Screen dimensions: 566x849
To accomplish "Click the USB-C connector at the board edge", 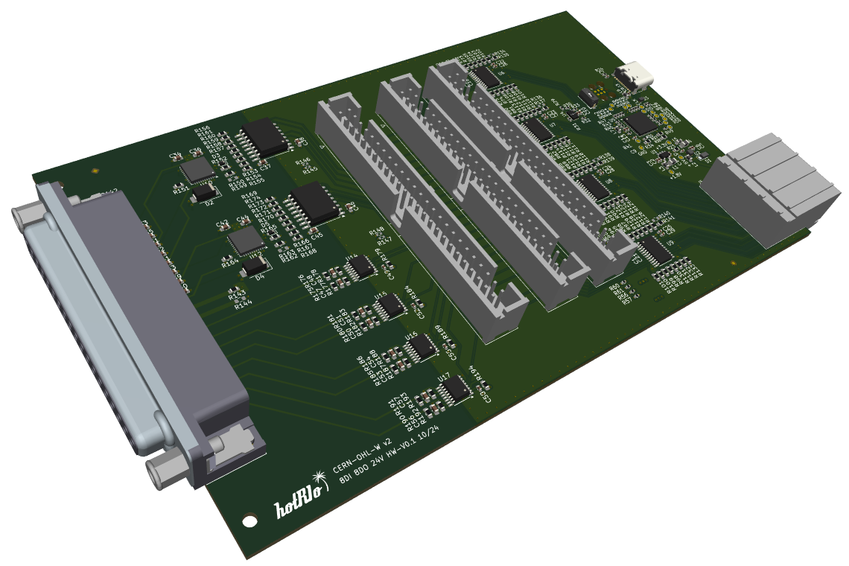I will click(635, 76).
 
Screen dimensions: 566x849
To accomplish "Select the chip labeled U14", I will click(361, 267).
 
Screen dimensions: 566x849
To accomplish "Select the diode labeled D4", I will click(257, 264).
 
